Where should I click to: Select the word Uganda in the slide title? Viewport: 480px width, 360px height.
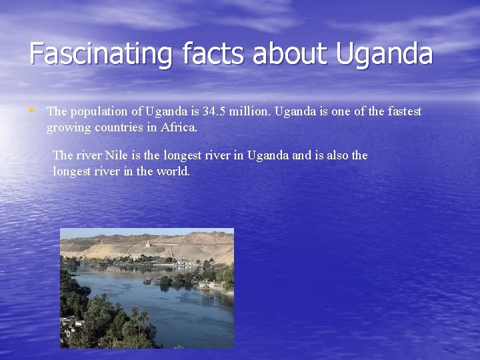tap(385, 53)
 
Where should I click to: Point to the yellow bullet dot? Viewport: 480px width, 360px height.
tap(33, 109)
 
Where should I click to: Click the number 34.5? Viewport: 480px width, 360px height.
tap(214, 111)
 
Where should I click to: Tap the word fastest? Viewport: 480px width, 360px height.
tap(403, 111)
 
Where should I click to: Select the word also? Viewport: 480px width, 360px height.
tap(335, 155)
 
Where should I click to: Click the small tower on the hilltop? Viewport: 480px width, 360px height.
tap(147, 243)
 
